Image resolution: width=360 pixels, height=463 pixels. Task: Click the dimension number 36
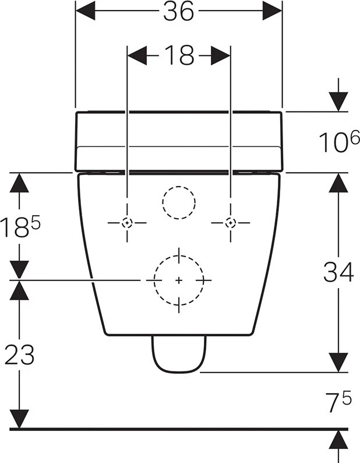[x=179, y=11]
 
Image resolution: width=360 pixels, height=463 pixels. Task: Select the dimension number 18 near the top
[x=179, y=55]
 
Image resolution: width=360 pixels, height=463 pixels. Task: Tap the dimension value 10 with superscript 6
[x=340, y=141]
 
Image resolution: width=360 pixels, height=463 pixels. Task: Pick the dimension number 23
[x=19, y=355]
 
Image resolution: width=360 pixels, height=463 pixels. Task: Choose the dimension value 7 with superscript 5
[x=339, y=402]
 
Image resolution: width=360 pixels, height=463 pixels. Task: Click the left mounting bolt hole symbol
[x=127, y=223]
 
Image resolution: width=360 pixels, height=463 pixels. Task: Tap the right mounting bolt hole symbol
[x=231, y=223]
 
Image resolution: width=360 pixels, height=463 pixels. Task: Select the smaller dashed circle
[x=179, y=187]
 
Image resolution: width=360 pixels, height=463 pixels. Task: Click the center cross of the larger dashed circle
[x=179, y=280]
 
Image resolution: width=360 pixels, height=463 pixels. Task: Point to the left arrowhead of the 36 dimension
[x=85, y=10]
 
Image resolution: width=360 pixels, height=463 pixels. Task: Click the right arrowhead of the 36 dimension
[x=273, y=10]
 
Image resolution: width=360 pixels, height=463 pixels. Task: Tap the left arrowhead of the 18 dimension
[x=137, y=55]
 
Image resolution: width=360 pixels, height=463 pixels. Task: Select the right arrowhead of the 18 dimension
[x=221, y=55]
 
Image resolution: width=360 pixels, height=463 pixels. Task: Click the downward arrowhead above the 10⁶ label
[x=338, y=102]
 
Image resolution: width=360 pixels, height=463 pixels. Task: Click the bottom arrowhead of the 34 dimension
[x=338, y=363]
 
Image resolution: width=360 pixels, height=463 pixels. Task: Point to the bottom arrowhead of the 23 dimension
[x=19, y=419]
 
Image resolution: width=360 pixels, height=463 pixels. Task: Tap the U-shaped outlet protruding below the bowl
[x=179, y=371]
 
